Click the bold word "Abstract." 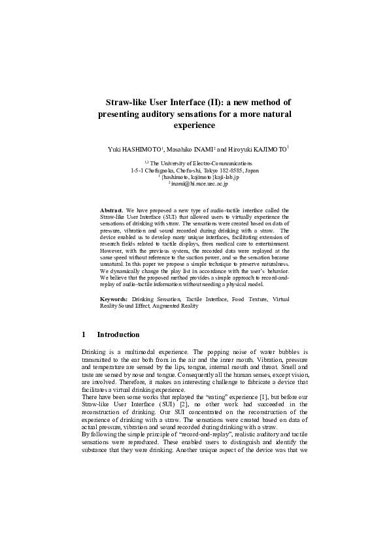pyautogui.click(x=112, y=210)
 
